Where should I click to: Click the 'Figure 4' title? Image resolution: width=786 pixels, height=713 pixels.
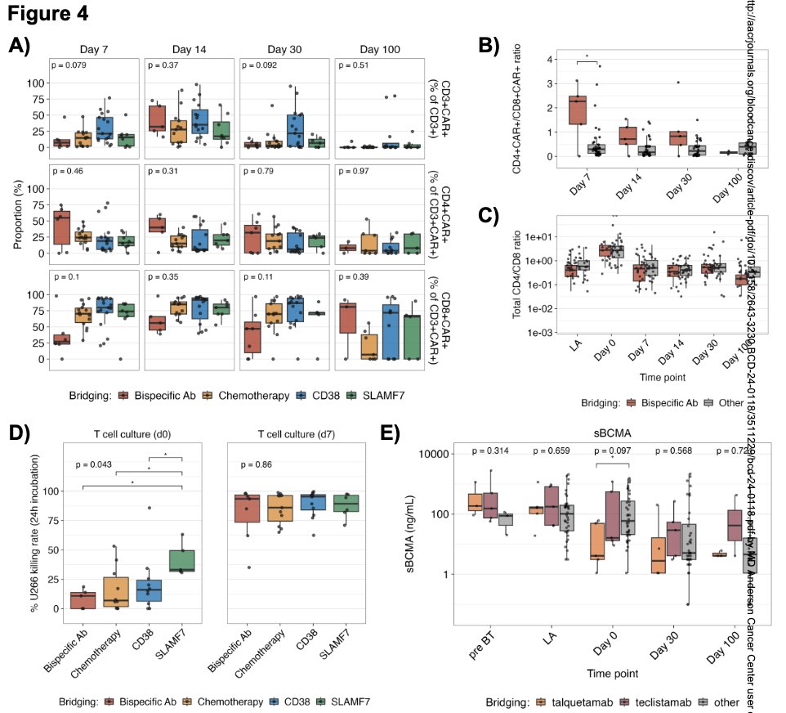click(x=48, y=14)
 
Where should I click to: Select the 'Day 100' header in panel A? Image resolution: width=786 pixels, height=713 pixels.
click(x=379, y=49)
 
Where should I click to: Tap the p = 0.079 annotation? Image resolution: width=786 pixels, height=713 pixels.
click(x=70, y=65)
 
